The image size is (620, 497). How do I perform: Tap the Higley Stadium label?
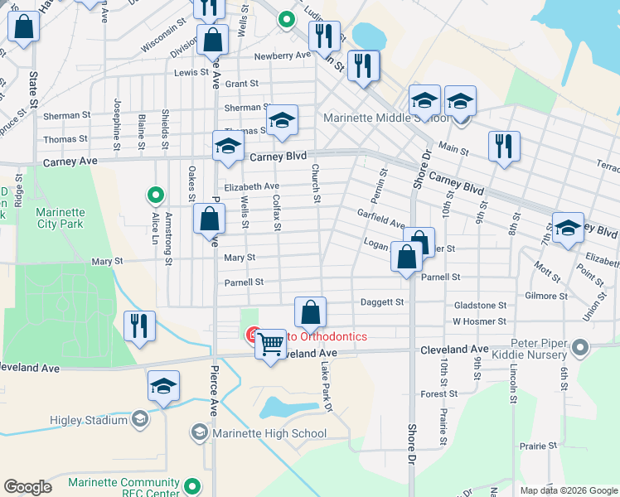pos(94,420)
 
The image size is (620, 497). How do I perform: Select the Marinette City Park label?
pos(60,217)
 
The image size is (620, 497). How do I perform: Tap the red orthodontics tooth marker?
pos(254,335)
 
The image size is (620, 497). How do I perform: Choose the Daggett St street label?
pos(381,303)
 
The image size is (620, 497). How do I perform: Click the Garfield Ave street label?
pos(380,224)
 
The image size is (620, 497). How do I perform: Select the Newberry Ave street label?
pos(282,55)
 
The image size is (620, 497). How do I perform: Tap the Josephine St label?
pos(117,119)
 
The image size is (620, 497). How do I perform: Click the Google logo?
pos(27,487)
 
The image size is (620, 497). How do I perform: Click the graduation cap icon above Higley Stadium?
pos(163,386)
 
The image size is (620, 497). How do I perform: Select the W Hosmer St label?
pos(479,321)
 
